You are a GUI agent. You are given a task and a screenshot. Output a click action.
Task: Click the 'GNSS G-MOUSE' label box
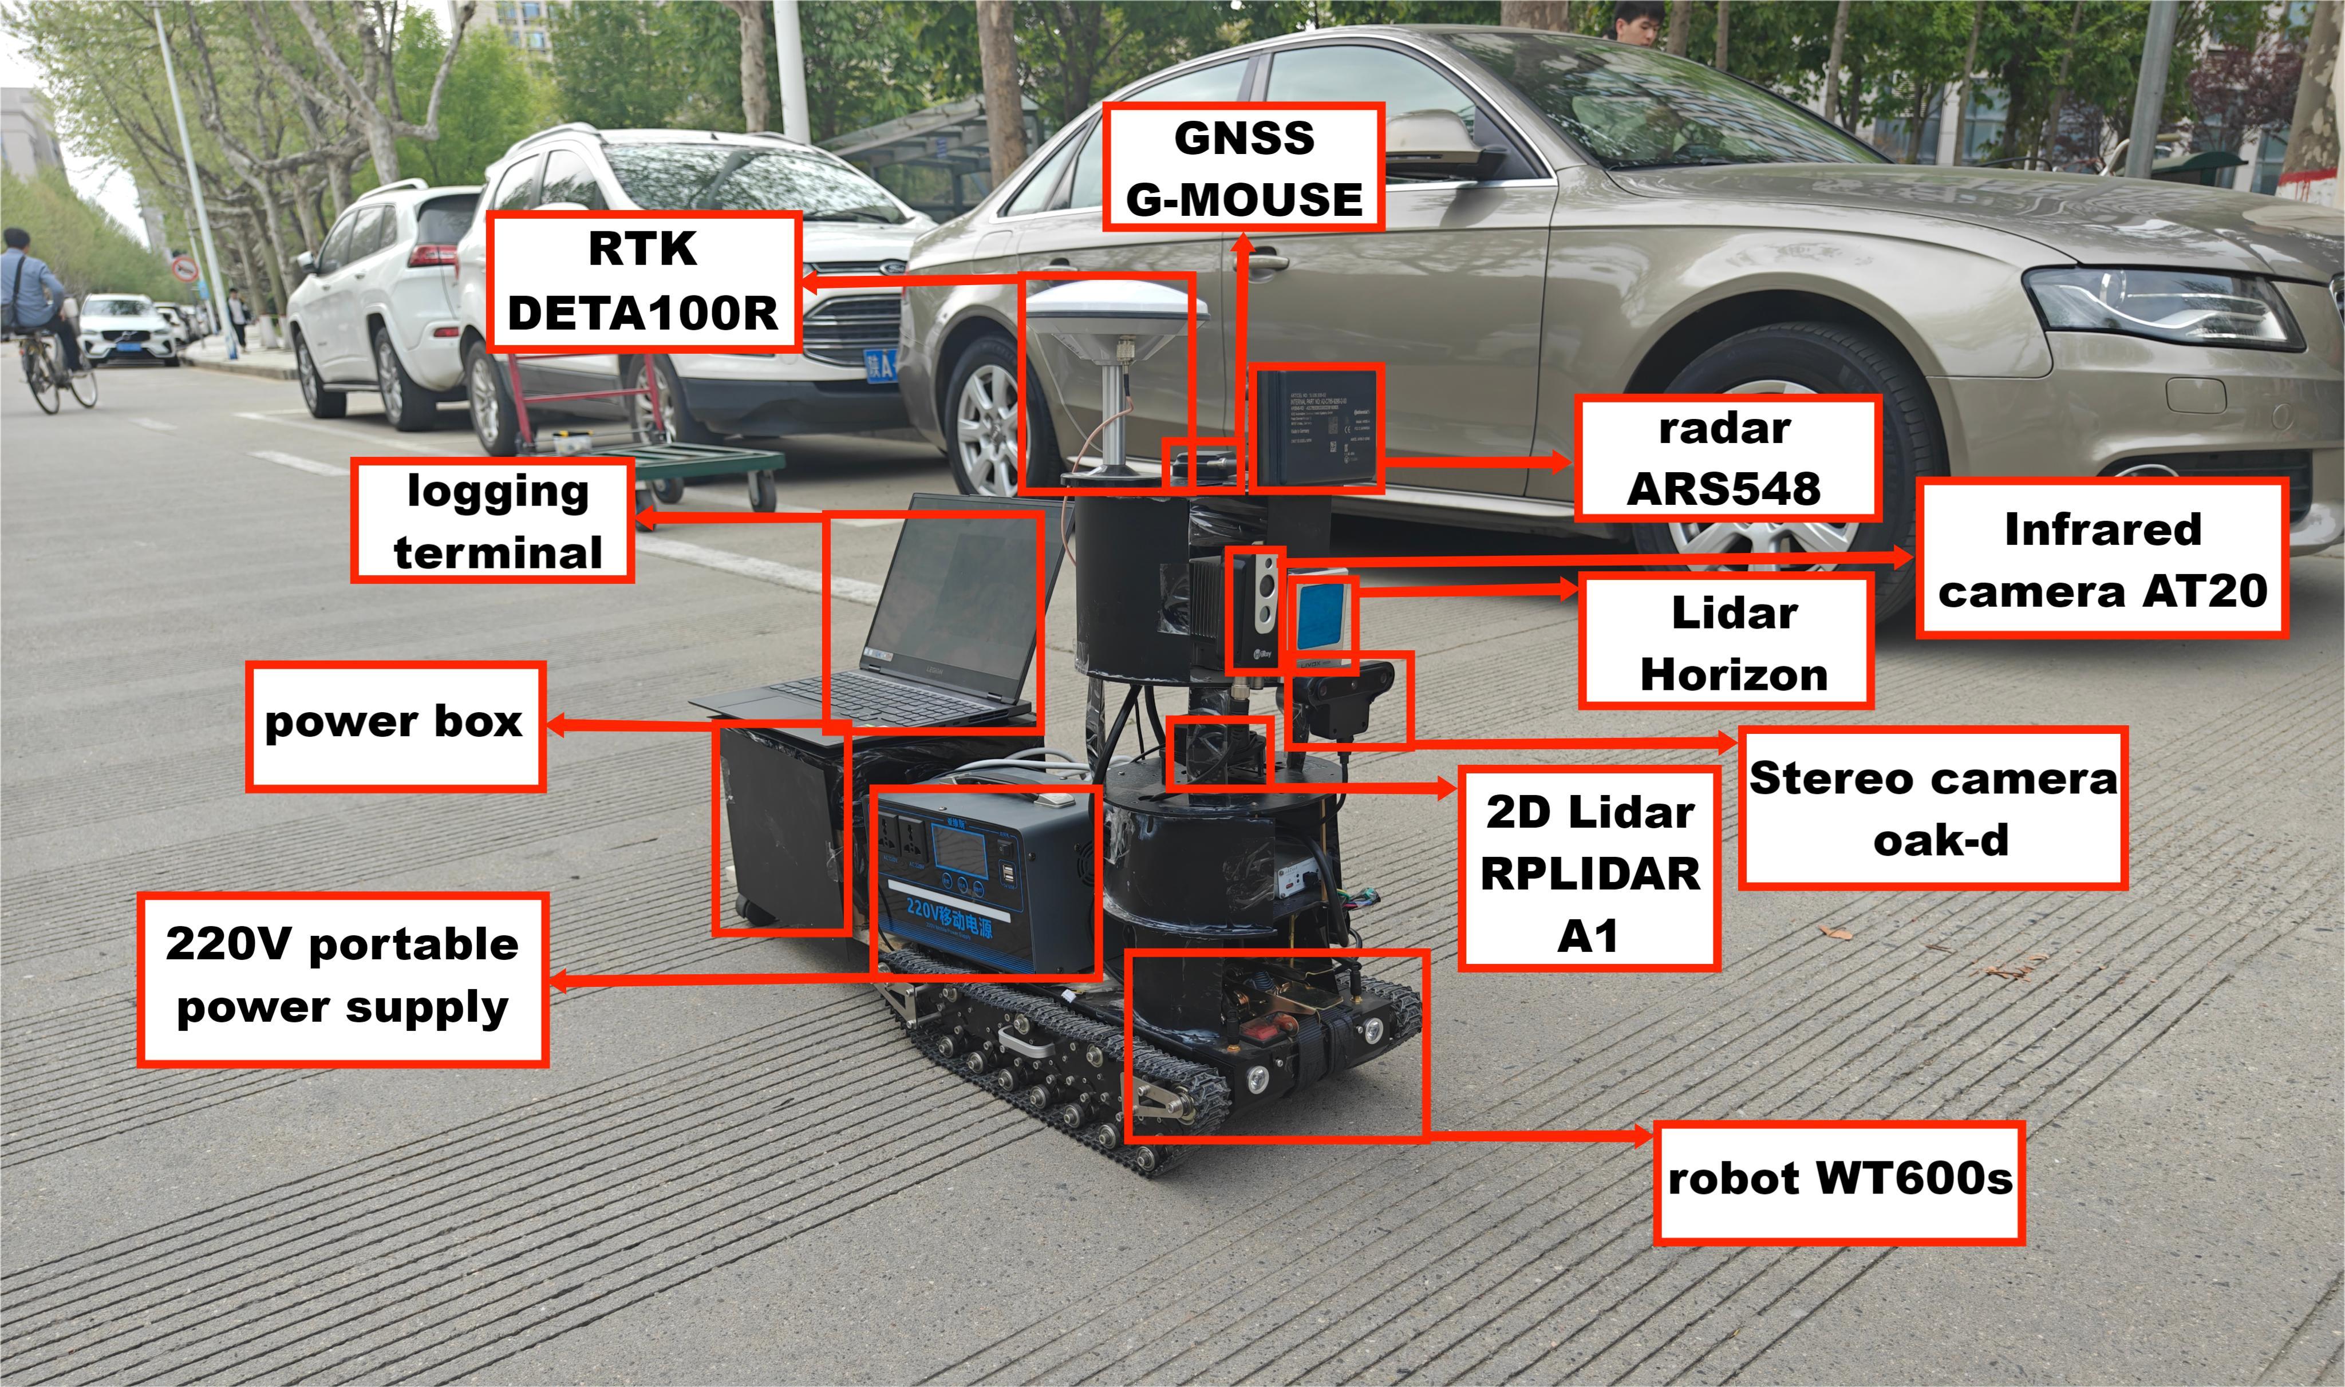1243,167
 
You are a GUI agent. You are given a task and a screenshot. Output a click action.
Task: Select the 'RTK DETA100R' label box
643,281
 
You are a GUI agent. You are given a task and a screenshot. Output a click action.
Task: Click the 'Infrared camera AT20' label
2102,559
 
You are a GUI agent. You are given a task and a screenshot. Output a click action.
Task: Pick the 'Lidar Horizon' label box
1726,642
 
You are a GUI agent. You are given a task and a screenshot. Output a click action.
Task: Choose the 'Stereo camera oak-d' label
1933,808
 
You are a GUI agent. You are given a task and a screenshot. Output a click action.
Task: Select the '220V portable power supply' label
342,978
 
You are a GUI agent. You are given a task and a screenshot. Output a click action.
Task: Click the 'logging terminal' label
494,520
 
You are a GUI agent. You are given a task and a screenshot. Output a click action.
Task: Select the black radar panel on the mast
1316,426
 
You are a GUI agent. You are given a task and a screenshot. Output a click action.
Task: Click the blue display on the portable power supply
958,851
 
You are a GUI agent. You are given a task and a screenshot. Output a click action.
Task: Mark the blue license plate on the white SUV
881,365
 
